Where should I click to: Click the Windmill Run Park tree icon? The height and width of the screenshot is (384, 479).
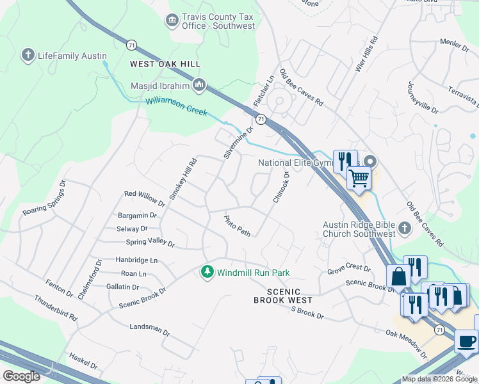[x=207, y=273]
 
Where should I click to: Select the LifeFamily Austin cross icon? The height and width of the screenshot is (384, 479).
[x=28, y=56]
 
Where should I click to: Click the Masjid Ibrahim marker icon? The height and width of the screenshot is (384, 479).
[x=199, y=84]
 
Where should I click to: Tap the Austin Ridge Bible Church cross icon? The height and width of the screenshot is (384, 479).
[x=404, y=228]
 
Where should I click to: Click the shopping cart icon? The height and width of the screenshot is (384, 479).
[x=359, y=177]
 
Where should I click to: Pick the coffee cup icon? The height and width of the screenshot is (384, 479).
[x=466, y=340]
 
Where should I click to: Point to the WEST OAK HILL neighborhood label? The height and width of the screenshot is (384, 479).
[x=165, y=64]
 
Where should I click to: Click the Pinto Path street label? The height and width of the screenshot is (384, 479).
[x=237, y=225]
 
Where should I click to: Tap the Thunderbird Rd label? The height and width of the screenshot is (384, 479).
[x=56, y=308]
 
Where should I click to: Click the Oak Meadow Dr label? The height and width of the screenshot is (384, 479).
[x=406, y=344]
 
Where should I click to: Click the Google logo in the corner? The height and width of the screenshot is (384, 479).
[x=21, y=376]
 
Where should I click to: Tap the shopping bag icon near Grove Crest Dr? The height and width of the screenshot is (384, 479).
[x=398, y=277]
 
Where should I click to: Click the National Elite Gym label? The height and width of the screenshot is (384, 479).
[x=296, y=163]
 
